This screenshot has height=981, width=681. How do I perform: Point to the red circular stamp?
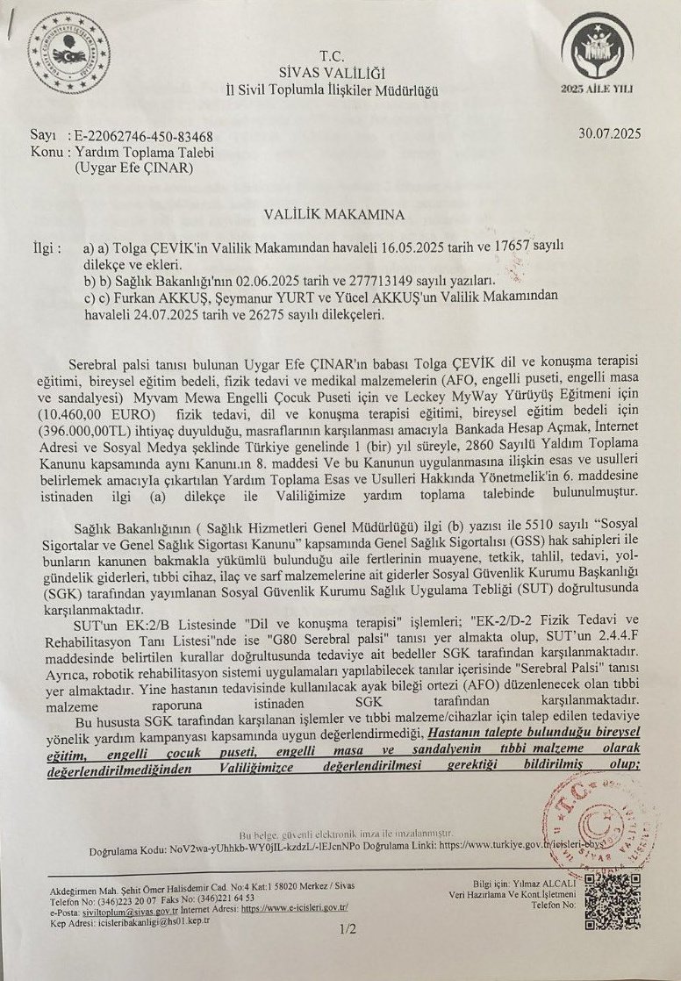pyautogui.click(x=584, y=822)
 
